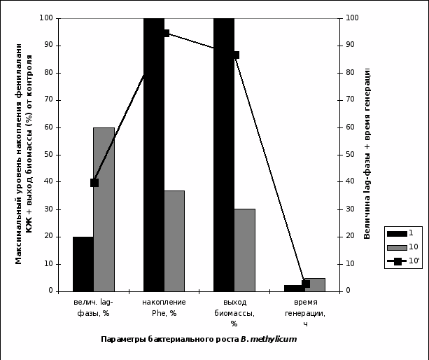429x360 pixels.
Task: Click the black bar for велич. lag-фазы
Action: click(83, 263)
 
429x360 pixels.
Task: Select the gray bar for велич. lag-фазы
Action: click(104, 209)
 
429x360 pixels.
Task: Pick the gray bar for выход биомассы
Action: click(244, 249)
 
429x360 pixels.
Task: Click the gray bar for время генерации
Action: click(315, 284)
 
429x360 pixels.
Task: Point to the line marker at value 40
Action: click(94, 183)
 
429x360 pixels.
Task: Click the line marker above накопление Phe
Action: click(165, 33)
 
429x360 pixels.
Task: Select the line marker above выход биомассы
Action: click(236, 55)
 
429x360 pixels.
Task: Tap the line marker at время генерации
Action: click(306, 284)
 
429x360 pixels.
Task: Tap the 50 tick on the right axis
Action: click(350, 155)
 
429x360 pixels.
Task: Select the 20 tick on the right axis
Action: click(350, 237)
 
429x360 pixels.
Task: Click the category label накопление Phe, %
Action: click(164, 307)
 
